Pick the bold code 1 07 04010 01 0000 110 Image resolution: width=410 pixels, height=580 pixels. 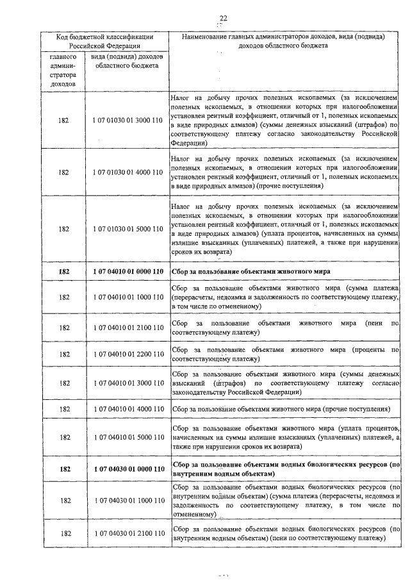[127, 272]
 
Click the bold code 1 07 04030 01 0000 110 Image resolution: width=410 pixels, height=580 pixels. [127, 469]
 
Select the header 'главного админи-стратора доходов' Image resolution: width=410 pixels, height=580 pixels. [63, 70]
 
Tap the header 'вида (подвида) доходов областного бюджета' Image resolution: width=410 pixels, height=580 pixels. [127, 62]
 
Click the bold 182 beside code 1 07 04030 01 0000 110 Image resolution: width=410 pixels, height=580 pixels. [63, 469]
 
